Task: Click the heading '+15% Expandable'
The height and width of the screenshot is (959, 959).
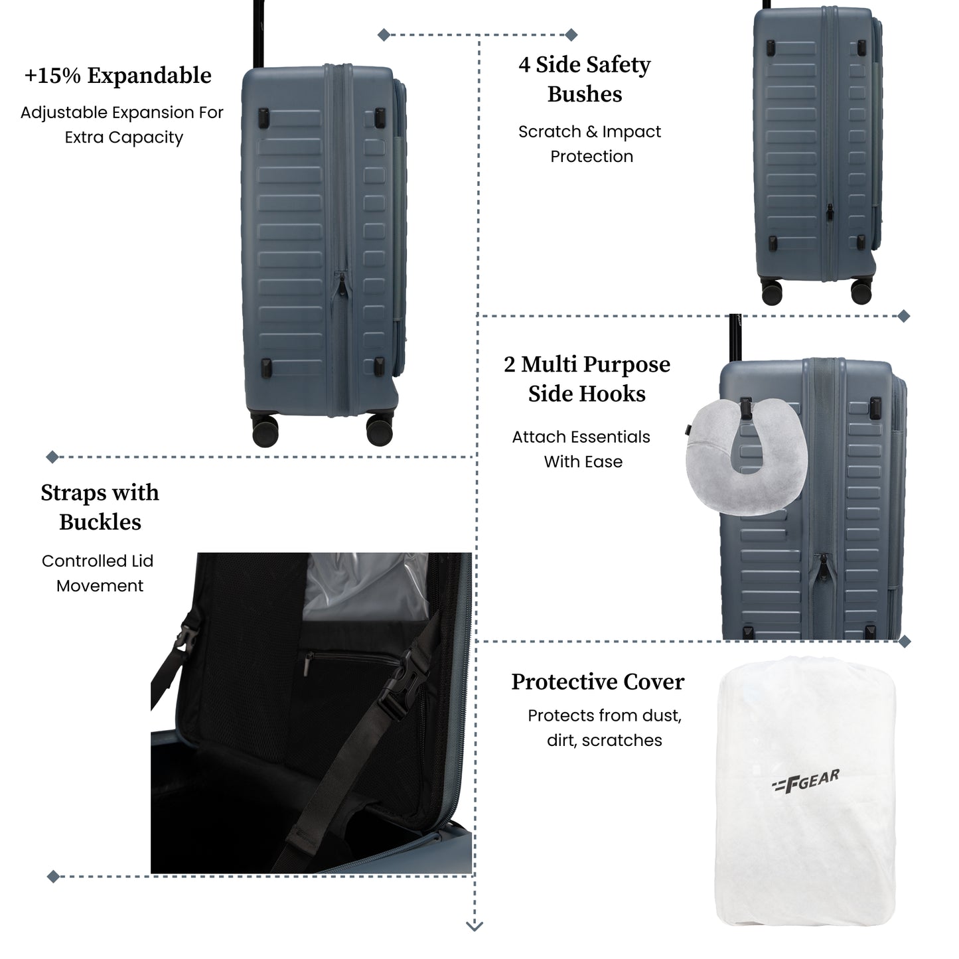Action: click(118, 76)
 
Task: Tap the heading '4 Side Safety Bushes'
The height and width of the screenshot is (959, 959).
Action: click(585, 79)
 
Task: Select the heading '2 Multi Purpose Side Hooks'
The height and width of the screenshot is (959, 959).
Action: click(587, 379)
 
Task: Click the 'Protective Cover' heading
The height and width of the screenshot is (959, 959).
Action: click(598, 682)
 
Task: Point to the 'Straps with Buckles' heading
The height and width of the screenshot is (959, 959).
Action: click(100, 507)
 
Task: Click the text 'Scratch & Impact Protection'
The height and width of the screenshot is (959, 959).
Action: click(590, 144)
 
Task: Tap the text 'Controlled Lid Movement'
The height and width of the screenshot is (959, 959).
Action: click(98, 573)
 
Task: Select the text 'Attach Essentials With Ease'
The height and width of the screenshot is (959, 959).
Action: click(581, 449)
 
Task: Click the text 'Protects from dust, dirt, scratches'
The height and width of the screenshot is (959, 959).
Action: click(605, 728)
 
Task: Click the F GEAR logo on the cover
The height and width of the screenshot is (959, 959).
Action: click(805, 782)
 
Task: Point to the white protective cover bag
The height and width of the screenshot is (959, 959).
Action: click(805, 791)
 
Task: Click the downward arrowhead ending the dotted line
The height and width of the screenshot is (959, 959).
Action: click(475, 926)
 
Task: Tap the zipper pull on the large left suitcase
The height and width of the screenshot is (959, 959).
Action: click(342, 285)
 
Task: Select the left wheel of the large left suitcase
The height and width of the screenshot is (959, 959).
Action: click(265, 431)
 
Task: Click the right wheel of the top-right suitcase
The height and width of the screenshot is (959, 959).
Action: click(861, 292)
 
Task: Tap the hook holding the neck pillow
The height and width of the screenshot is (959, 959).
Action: click(746, 407)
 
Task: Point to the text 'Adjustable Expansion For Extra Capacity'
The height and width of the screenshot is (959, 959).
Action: click(122, 125)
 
